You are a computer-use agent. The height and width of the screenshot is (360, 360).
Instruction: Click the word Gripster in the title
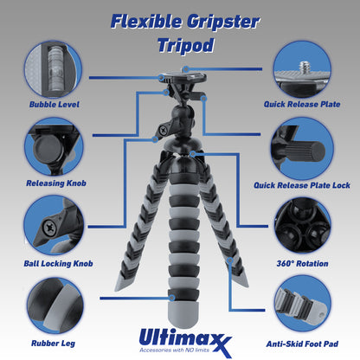[223, 22]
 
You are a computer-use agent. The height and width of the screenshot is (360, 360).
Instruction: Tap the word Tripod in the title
[186, 45]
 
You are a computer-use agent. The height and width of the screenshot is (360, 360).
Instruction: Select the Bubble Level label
[55, 105]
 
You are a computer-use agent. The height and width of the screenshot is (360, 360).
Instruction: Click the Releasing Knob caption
[56, 183]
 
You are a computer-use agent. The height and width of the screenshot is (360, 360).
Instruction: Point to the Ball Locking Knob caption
[58, 264]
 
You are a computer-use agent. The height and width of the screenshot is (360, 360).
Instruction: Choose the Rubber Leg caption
[53, 344]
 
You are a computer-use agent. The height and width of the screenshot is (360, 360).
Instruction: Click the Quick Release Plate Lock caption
[302, 185]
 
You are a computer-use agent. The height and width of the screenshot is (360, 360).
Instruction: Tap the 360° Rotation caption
[302, 264]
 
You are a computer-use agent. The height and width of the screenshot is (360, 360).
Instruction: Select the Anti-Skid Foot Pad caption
[302, 344]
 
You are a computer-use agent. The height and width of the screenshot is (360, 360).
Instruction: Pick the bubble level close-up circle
[54, 69]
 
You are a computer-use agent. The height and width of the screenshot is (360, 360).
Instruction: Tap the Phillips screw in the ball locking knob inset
[50, 228]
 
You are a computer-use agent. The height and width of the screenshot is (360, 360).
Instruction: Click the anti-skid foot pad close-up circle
[303, 304]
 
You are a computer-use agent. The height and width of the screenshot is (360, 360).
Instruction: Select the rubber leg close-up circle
[55, 305]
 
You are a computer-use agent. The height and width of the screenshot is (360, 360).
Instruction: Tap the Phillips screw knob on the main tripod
[163, 131]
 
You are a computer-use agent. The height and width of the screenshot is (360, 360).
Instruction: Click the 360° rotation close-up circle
[303, 226]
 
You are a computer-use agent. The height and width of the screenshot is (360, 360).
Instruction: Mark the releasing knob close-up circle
[54, 147]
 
